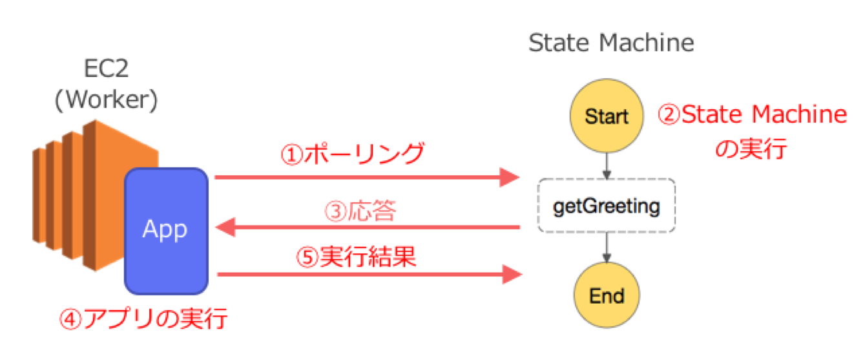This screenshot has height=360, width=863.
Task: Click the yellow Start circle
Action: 606,116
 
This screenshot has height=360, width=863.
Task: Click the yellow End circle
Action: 607,296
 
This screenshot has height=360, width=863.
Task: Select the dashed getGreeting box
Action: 607,206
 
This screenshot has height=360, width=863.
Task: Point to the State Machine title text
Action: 611,43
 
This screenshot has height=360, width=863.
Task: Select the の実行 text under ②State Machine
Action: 752,149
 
